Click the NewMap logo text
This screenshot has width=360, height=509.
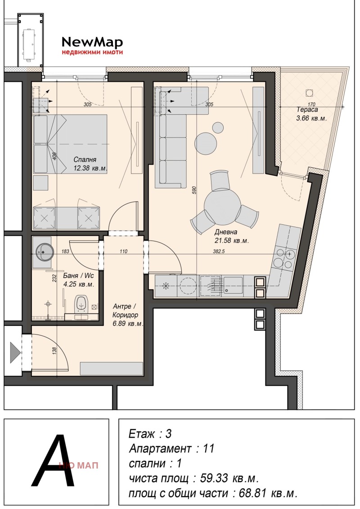pyautogui.click(x=92, y=42)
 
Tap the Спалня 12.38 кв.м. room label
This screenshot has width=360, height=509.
pyautogui.click(x=90, y=164)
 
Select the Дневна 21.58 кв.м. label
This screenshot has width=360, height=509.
pyautogui.click(x=231, y=237)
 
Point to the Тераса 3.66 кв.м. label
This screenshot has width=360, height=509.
pyautogui.click(x=311, y=114)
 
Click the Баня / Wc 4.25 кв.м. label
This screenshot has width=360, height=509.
pyautogui.click(x=78, y=280)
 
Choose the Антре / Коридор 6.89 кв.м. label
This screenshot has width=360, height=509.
pyautogui.click(x=127, y=315)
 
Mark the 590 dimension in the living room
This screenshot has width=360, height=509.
pyautogui.click(x=194, y=190)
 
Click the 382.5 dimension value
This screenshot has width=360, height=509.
pyautogui.click(x=219, y=251)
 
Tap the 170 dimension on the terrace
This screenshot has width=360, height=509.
pyautogui.click(x=311, y=104)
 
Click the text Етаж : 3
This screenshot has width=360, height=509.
pyautogui.click(x=150, y=434)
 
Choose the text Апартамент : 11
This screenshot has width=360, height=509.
pyautogui.click(x=171, y=449)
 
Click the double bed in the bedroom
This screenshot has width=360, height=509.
pyautogui.click(x=71, y=144)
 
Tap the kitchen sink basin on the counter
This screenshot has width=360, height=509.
pyautogui.click(x=233, y=285)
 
